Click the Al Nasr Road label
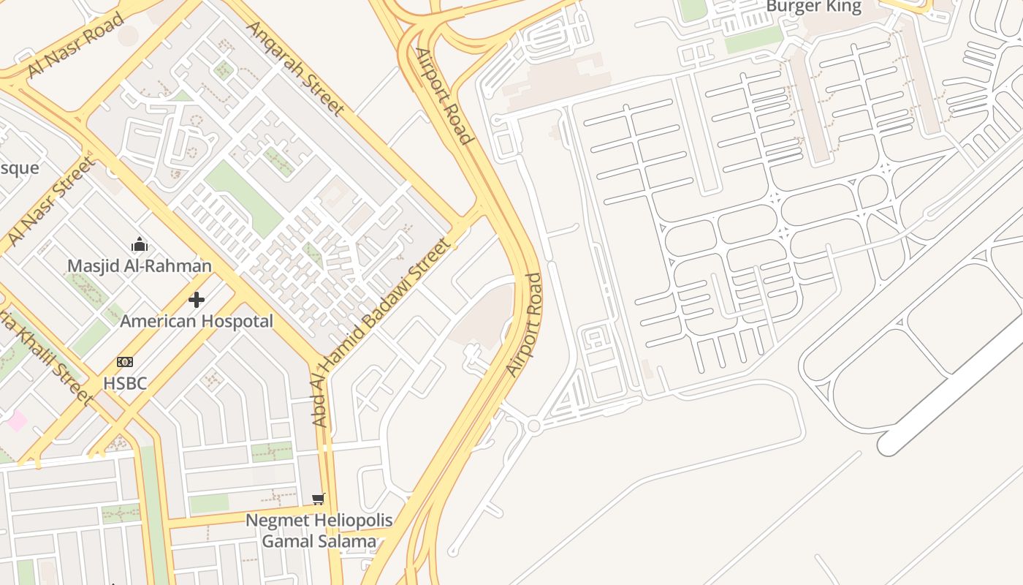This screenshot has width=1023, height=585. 76,45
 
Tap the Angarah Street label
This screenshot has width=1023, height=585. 295,68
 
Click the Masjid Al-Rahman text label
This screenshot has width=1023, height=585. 140,265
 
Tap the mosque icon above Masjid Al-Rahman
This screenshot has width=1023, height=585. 140,244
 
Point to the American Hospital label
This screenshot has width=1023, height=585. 197,321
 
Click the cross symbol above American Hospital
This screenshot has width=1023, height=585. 197,300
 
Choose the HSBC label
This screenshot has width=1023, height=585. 125,383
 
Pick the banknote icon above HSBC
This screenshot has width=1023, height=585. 125,362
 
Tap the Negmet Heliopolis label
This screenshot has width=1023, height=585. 319,521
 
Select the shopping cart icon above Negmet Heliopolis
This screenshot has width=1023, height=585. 318,499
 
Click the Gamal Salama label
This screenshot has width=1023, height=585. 319,542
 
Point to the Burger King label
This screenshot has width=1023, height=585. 813,7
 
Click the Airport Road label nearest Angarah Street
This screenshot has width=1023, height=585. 444,95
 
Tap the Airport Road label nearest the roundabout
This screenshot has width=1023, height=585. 525,325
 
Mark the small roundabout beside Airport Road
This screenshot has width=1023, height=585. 533,426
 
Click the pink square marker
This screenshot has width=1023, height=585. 16,421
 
